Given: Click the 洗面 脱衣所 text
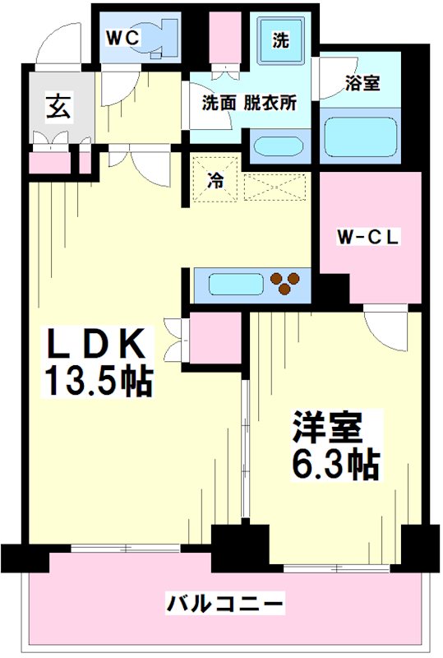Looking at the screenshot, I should coord(249,104).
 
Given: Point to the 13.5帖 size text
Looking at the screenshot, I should coord(99,382).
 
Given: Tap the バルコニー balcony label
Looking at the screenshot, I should coord(226,604).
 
